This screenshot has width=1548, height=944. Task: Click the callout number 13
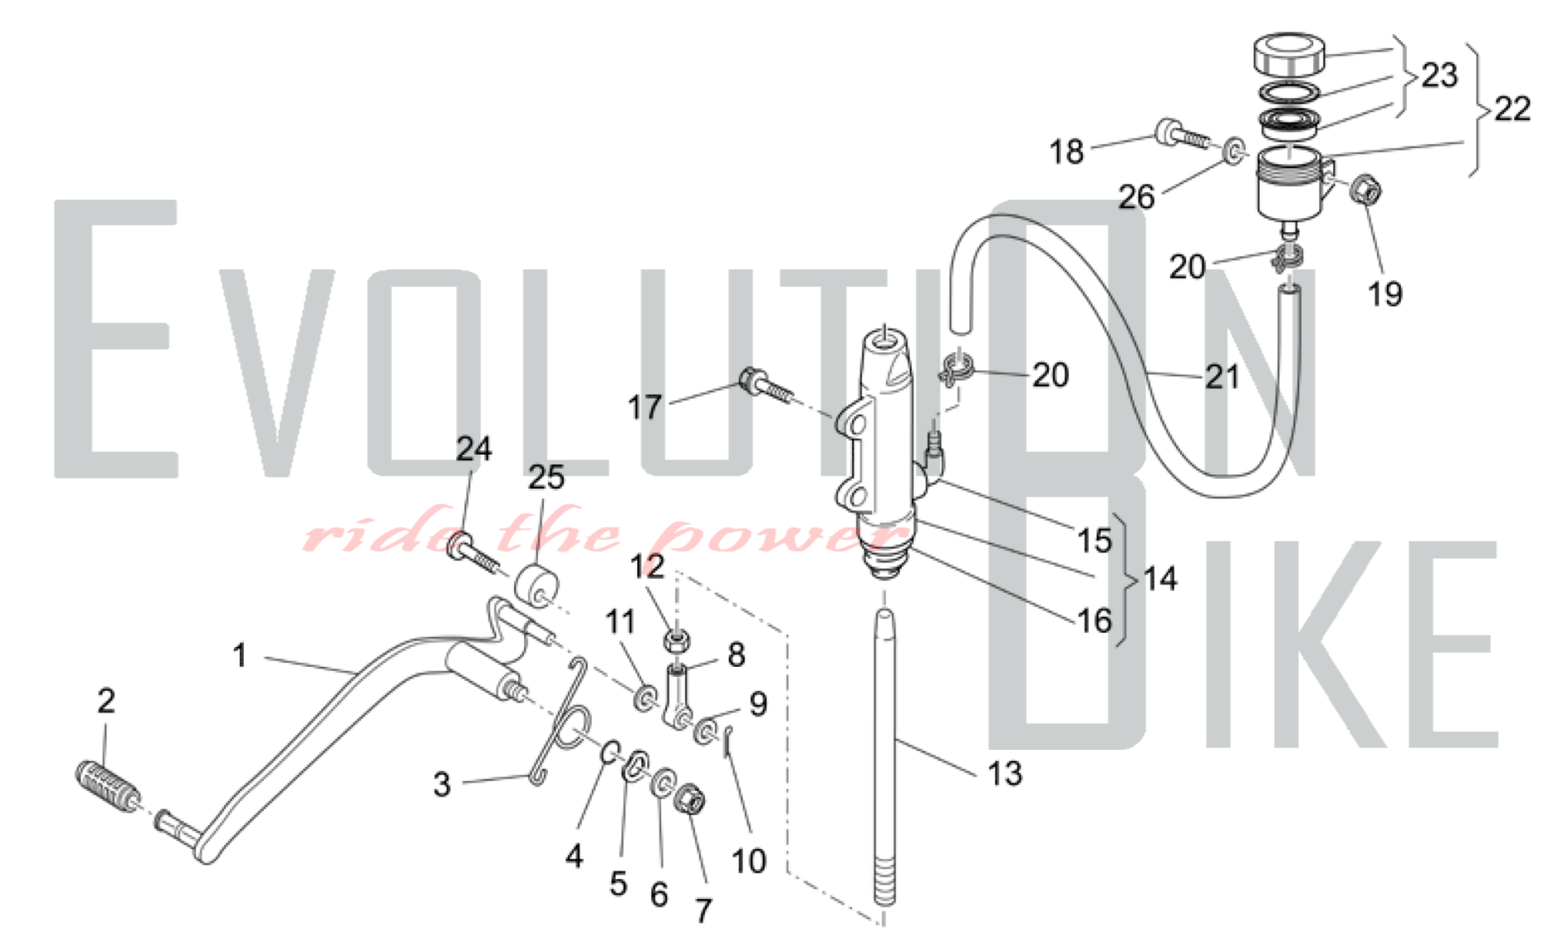tap(1005, 773)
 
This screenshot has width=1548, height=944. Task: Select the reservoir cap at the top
tap(1289, 53)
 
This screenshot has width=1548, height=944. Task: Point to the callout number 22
tap(1512, 108)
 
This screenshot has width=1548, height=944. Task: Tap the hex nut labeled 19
tap(1365, 190)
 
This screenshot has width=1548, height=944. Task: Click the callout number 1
tap(240, 655)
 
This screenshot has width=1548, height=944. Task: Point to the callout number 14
tap(1160, 579)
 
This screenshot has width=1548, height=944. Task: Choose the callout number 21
tap(1222, 377)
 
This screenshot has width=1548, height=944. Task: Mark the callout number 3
tap(442, 784)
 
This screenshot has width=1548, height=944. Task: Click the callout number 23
tap(1440, 75)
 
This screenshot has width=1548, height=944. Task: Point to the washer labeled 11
tap(643, 699)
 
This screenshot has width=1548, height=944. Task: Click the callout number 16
tap(1094, 621)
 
